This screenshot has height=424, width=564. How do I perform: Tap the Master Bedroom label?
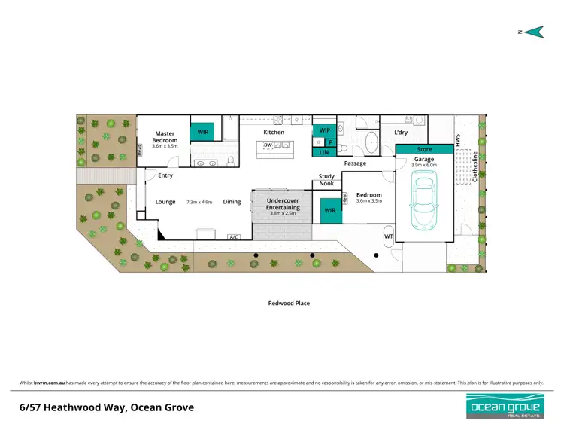(165, 137)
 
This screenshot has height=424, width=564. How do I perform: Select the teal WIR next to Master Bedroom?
(203, 132)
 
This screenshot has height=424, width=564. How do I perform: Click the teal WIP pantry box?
(325, 130)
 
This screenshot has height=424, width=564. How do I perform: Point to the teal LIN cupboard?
(325, 152)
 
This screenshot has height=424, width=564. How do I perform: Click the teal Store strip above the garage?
(425, 149)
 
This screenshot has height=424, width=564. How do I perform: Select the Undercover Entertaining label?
(284, 204)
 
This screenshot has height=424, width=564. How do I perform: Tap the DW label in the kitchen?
(268, 145)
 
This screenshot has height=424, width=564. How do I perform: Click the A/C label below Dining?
(234, 237)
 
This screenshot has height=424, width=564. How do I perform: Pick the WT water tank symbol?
(389, 236)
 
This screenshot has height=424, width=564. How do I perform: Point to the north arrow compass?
(533, 32)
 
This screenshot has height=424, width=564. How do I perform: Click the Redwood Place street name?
(289, 303)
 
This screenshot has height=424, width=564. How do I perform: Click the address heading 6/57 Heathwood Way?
(107, 407)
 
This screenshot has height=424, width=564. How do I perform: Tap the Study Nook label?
(326, 179)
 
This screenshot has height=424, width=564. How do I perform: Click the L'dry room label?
(401, 133)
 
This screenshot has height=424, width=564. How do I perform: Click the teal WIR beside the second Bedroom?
(329, 211)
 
